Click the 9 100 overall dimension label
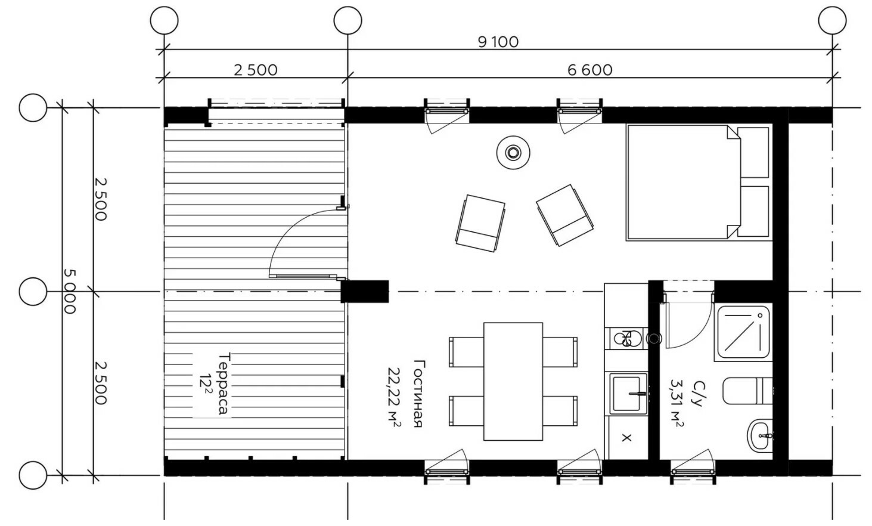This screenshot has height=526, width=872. coord(498,42)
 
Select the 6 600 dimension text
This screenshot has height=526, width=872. coord(589,70)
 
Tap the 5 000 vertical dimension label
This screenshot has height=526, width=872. coord(69,292)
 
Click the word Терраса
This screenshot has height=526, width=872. coord(224,384)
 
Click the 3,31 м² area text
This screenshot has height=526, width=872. coord(677,403)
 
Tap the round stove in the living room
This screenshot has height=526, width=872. coord(513,152)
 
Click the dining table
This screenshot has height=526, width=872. coord(513,382)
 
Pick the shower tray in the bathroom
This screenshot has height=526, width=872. coord(743,333)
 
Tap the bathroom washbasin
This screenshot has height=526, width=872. coord(759,435)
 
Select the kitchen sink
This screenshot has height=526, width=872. coord(626,393)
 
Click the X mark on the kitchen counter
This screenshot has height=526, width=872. coord(626,438)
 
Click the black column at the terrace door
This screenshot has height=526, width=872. coord(365,292)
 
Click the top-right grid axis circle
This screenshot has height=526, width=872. coord(832,20)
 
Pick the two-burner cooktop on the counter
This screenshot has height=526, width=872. coord(626,339)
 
